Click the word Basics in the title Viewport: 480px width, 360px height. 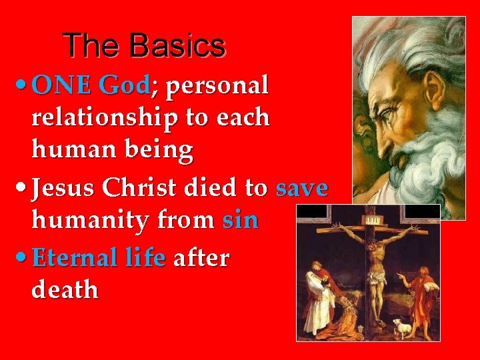pyautogui.click(x=178, y=46)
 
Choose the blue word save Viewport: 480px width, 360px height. pyautogui.click(x=301, y=188)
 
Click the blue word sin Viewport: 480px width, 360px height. pyautogui.click(x=241, y=220)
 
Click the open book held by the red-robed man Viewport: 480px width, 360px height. pyautogui.click(x=431, y=287)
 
